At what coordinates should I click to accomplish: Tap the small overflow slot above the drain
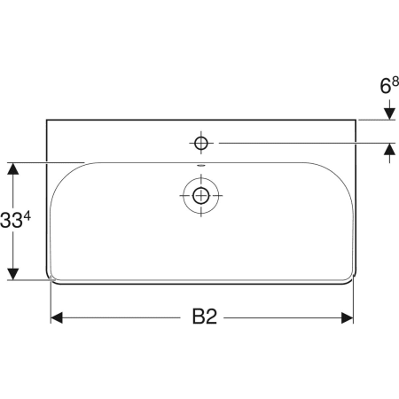(x=201, y=167)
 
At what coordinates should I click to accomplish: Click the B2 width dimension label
(x=205, y=317)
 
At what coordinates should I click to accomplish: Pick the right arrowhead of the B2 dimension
(x=348, y=317)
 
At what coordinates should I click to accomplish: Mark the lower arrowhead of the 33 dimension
(x=13, y=274)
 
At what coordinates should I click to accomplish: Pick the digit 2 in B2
(x=213, y=317)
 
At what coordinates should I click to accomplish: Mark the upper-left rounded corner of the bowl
(x=64, y=176)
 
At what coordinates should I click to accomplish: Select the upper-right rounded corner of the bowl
(x=339, y=176)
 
